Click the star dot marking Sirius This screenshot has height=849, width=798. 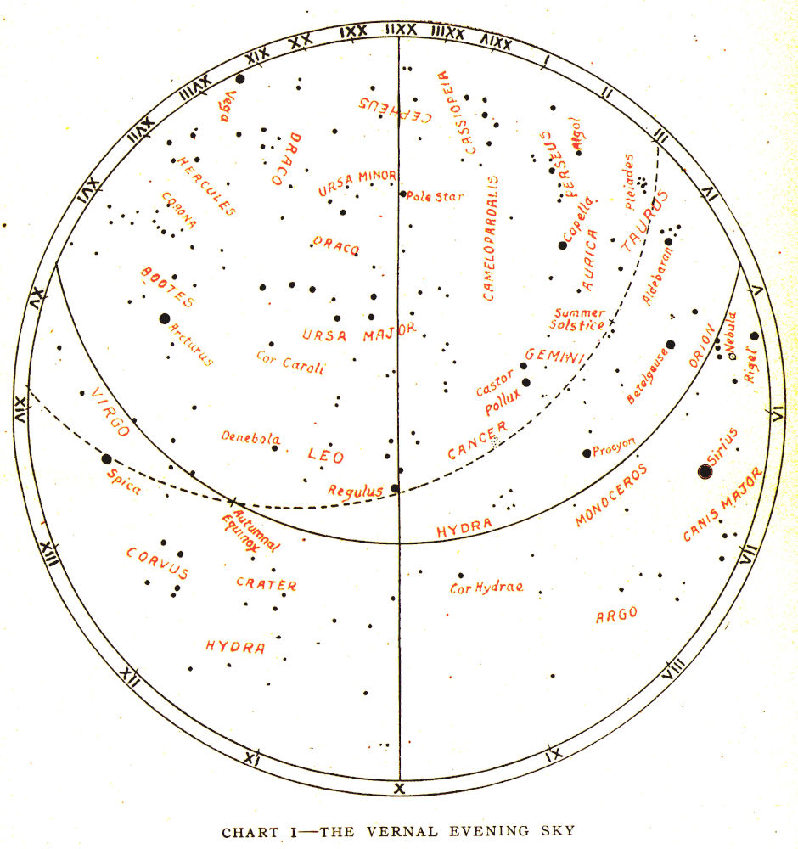point(705,471)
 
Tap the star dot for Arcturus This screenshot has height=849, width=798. point(165,318)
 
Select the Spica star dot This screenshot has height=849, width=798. point(107,459)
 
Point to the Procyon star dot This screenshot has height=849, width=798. point(587,453)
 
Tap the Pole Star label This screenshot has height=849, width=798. point(436,197)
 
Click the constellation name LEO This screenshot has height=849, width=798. point(326,456)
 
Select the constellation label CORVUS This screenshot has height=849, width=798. point(157,562)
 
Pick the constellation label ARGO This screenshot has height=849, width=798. point(616,615)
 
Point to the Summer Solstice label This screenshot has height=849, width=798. point(578,318)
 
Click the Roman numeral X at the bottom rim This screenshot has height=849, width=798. point(399,789)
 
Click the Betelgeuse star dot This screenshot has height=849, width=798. point(670,345)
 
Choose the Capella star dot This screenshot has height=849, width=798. point(562,245)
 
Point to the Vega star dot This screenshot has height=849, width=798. point(240,78)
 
